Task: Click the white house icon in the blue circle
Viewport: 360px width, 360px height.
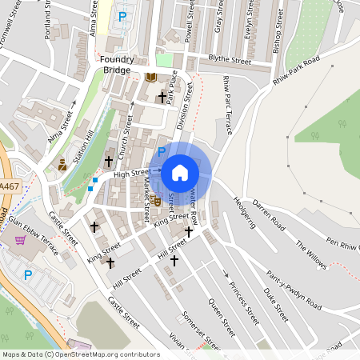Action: point(180,172)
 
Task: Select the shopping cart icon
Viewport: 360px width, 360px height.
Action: point(20,239)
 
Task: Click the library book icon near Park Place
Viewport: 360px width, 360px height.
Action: point(151,78)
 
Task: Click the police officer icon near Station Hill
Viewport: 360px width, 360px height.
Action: point(62,165)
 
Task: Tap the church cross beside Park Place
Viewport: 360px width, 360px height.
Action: point(162,98)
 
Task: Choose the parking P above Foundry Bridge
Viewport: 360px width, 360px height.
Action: point(122,16)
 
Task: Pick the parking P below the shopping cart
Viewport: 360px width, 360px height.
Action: point(28,274)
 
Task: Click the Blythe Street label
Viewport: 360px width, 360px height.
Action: point(230,61)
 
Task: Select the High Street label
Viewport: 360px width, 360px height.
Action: point(131,172)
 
